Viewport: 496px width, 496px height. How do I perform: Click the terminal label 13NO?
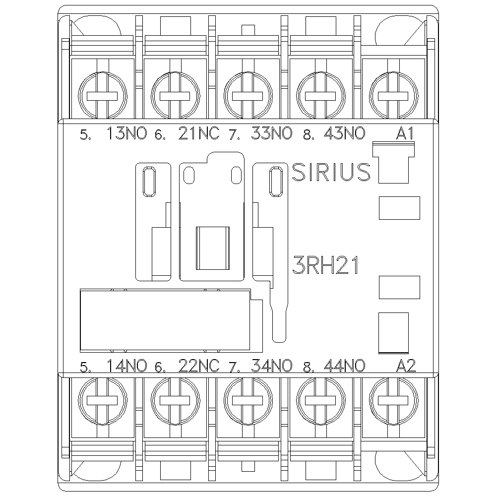point(127,133)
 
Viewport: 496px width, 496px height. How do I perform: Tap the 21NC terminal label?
point(199,133)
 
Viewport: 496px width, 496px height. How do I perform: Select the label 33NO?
point(272,133)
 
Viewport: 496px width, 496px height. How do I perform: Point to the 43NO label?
point(345,133)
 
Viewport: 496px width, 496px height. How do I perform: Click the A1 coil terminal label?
point(405,133)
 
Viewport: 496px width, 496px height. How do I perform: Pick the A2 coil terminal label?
point(406,366)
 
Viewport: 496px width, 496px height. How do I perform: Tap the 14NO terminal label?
point(127,366)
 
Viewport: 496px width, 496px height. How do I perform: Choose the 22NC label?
point(199,366)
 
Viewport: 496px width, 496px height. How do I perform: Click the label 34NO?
point(272,366)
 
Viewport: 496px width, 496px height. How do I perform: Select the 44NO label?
point(345,366)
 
